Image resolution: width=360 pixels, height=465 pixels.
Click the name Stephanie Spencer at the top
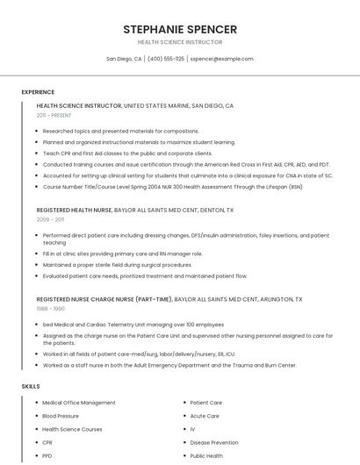(180, 29)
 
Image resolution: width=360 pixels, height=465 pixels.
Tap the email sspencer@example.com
(221, 59)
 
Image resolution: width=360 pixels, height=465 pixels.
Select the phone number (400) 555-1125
(166, 59)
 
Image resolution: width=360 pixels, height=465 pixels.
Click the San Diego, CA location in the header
(124, 59)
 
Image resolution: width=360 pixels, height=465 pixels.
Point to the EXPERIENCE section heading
(38, 92)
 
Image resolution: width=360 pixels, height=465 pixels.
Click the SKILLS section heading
(31, 386)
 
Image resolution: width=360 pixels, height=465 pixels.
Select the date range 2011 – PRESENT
(54, 115)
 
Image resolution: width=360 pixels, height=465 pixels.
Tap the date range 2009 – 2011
(50, 220)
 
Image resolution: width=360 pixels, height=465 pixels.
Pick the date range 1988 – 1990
(51, 309)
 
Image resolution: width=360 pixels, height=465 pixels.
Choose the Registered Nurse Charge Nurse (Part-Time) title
(104, 299)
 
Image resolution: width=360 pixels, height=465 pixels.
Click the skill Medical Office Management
(79, 403)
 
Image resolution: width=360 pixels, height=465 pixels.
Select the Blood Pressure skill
(61, 416)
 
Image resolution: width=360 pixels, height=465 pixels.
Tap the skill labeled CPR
(47, 443)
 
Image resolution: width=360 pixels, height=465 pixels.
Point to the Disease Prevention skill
(213, 443)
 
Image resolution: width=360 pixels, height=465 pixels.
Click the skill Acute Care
(205, 416)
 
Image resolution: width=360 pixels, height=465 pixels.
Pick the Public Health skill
(206, 456)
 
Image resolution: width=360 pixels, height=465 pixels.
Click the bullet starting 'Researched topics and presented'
(121, 131)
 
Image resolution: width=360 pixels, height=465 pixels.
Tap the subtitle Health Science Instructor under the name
(180, 42)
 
